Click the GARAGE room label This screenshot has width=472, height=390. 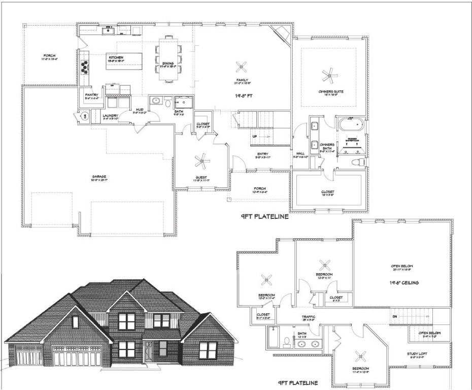coord(99,177)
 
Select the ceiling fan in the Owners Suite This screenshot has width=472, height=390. coord(330,76)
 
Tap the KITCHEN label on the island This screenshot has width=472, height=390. coord(116,58)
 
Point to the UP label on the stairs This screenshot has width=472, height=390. coord(255,136)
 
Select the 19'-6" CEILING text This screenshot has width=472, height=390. coord(404,282)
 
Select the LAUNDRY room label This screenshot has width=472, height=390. coord(111,116)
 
